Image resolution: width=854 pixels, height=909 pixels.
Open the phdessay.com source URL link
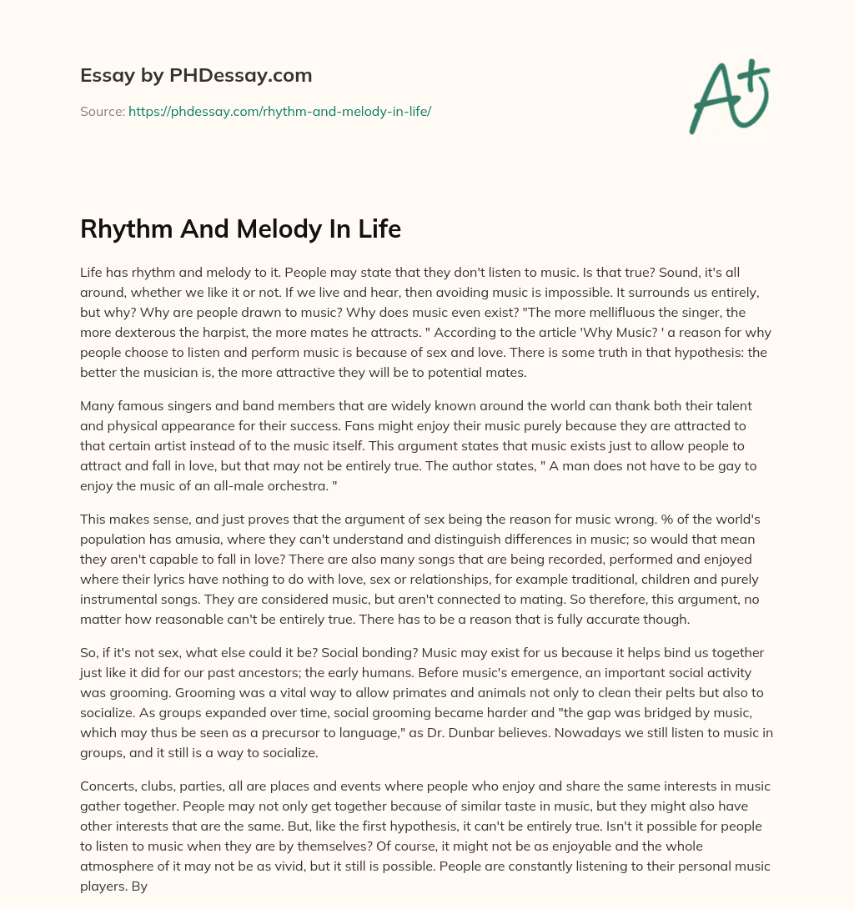pyautogui.click(x=279, y=111)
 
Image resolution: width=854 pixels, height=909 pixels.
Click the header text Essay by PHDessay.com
pyautogui.click(x=196, y=76)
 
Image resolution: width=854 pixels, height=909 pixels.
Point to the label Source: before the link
pyautogui.click(x=102, y=111)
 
